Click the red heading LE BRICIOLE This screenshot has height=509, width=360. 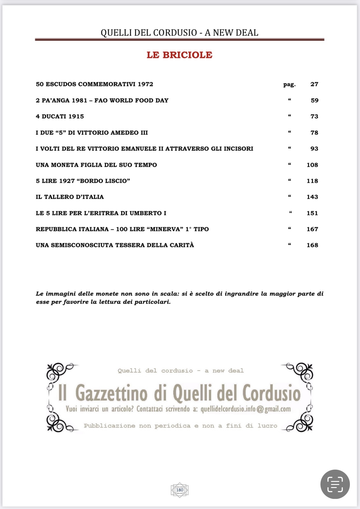[179, 55]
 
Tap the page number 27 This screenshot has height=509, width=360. [314, 84]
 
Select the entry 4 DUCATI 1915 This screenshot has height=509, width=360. [60, 116]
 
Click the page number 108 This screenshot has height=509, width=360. [312, 165]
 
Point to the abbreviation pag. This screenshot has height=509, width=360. [289, 84]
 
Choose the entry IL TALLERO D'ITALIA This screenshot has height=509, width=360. [70, 197]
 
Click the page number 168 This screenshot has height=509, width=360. [312, 245]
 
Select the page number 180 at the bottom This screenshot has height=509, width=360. [180, 490]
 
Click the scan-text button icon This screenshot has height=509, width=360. [335, 484]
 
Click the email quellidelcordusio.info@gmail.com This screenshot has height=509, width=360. [246, 409]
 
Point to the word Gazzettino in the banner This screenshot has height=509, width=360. [111, 393]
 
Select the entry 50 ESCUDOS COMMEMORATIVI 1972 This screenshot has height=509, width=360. [94, 84]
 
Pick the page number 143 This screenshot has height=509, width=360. [312, 197]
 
